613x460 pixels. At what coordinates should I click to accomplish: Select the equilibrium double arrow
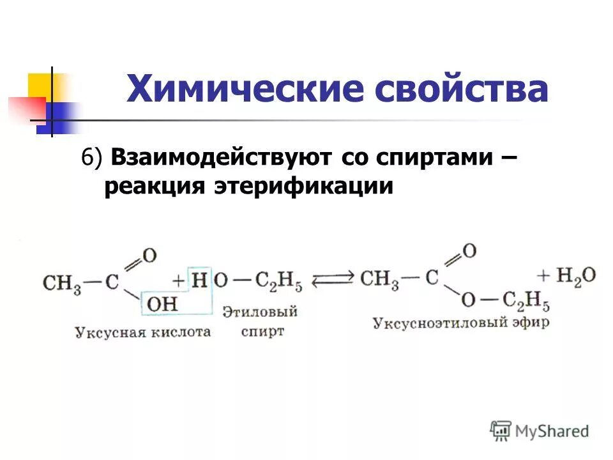click(333, 279)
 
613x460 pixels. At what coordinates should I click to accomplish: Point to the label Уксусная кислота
click(142, 332)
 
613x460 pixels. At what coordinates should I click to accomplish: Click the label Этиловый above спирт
click(261, 312)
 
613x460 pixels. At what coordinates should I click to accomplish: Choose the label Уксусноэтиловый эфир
click(460, 323)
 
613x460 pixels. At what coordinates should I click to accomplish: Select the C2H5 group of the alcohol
click(278, 281)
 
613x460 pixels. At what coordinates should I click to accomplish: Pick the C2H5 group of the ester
click(526, 300)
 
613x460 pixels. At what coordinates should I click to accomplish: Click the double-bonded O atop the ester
click(469, 250)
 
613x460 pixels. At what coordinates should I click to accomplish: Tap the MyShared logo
click(540, 431)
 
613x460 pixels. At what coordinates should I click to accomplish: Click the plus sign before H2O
click(543, 276)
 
